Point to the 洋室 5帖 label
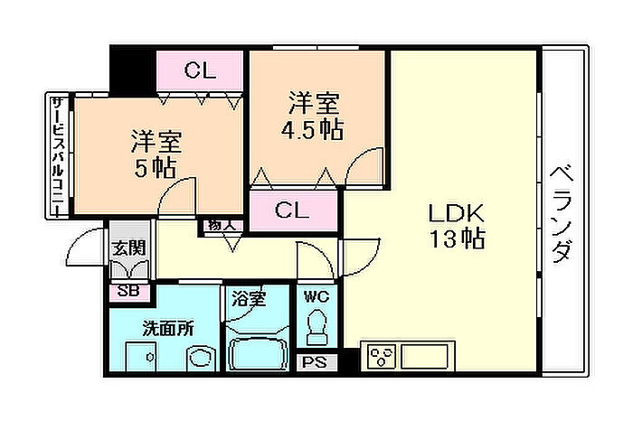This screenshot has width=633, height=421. pos(156,154)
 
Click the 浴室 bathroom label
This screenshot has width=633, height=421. pos(248,298)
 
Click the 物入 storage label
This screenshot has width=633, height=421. pos(221,223)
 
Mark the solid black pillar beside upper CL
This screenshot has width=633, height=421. pos(132,68)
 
